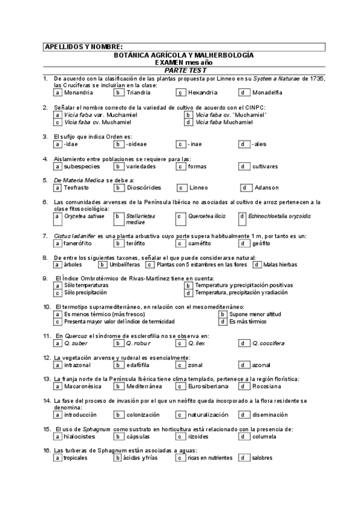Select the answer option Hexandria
click(x=202, y=93)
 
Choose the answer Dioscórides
click(x=144, y=188)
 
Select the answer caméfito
click(x=200, y=244)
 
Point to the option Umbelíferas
click(x=124, y=265)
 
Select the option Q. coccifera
click(x=268, y=343)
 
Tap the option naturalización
click(x=208, y=415)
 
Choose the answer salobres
click(x=263, y=458)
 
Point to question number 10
click(x=47, y=307)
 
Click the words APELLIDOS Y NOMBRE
click(x=84, y=47)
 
